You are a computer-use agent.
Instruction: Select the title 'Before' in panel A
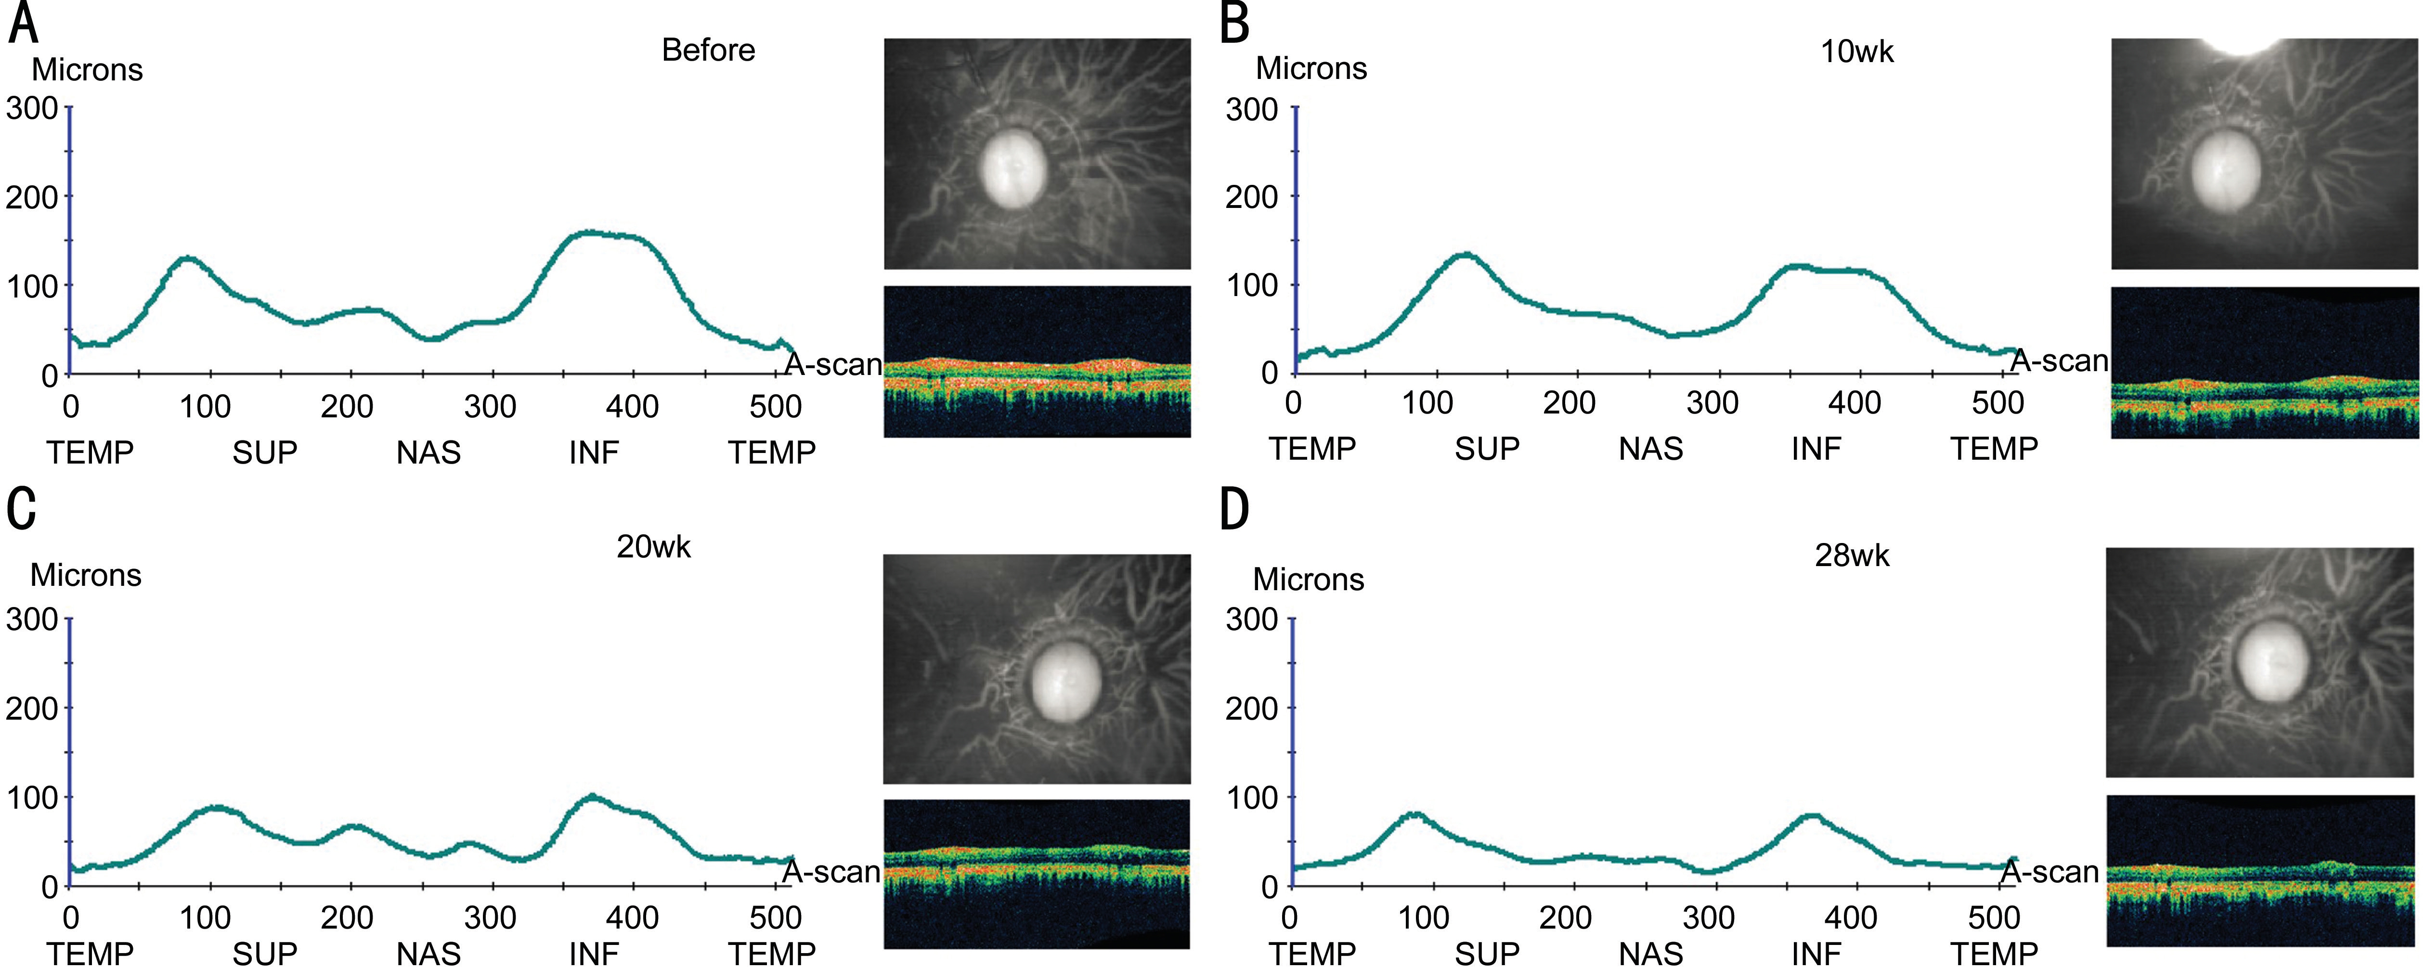click(x=708, y=50)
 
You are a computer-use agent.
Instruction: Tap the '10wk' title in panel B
click(x=1856, y=51)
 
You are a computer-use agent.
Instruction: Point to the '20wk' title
click(x=654, y=547)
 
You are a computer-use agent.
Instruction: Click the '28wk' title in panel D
click(x=1852, y=556)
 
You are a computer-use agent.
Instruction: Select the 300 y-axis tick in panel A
click(x=32, y=108)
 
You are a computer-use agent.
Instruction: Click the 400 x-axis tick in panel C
click(x=632, y=917)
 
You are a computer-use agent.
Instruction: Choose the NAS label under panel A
click(x=428, y=453)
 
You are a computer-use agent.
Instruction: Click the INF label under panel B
click(x=1816, y=449)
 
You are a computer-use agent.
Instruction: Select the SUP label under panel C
click(x=265, y=954)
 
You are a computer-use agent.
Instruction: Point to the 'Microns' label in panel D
click(x=1308, y=579)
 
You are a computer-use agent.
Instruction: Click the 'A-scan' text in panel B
click(x=2060, y=361)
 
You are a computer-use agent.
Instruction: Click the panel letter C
click(x=22, y=508)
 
